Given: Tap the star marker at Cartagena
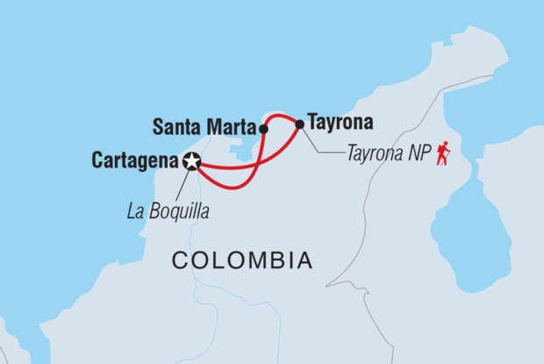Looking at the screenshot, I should [192, 161].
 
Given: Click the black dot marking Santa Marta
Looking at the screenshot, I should [263, 128].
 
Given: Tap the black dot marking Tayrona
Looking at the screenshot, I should [300, 124].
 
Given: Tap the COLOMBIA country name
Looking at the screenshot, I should [241, 261].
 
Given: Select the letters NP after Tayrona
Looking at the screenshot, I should [414, 153].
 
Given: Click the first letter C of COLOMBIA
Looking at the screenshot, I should [178, 261].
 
